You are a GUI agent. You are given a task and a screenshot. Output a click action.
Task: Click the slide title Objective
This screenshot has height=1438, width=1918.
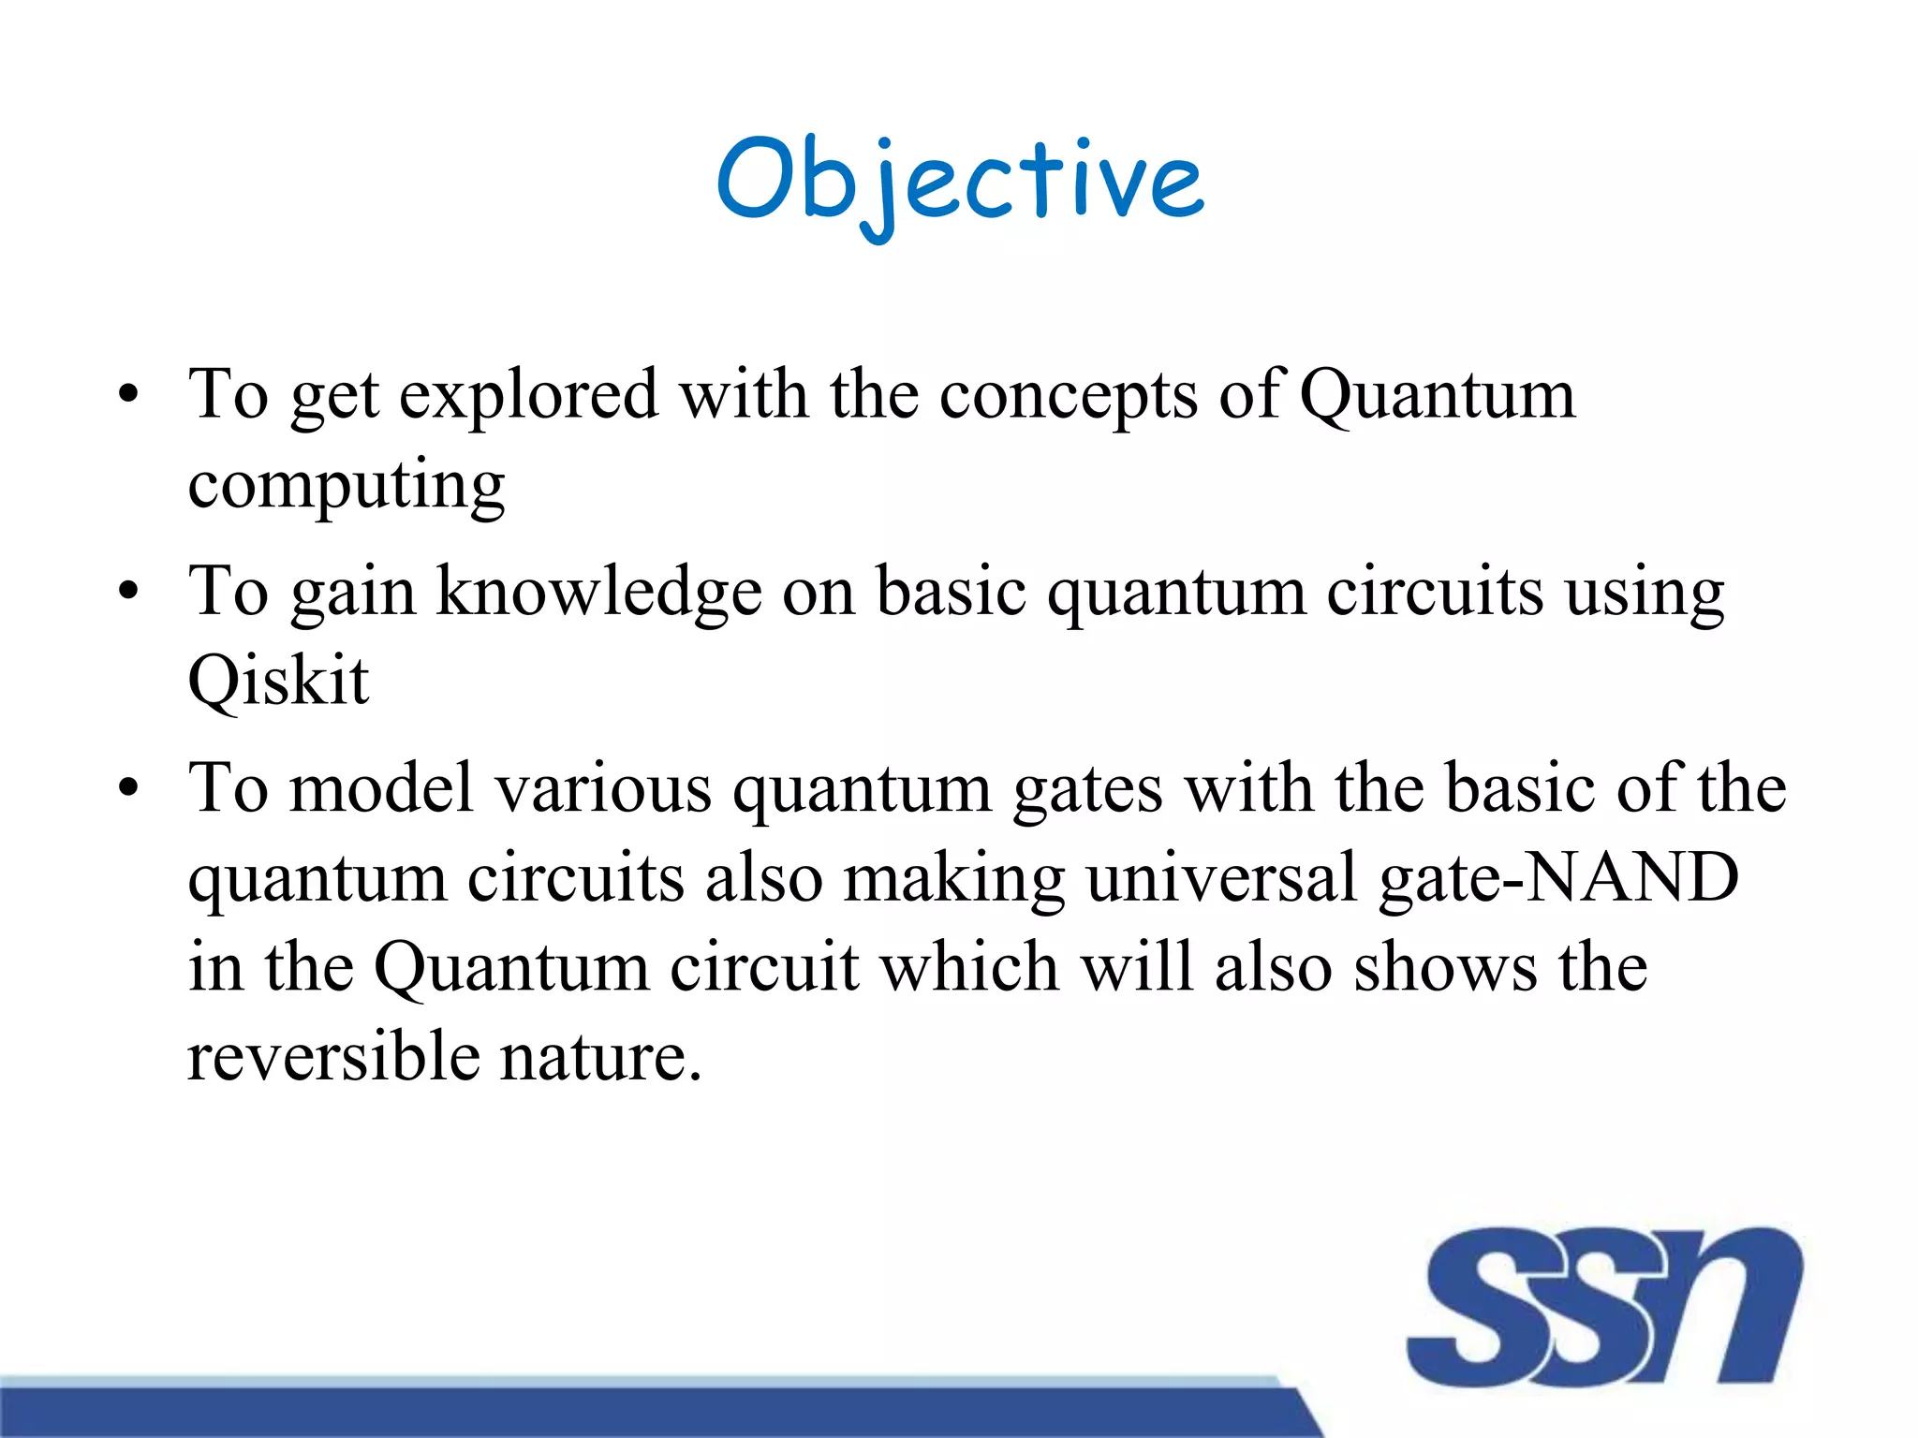click(x=960, y=180)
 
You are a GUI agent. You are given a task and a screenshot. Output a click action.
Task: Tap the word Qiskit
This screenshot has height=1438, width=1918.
click(x=278, y=681)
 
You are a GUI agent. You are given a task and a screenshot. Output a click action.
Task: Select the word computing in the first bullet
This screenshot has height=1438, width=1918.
click(x=346, y=487)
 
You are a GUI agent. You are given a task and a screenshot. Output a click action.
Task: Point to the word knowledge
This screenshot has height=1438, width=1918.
click(x=599, y=594)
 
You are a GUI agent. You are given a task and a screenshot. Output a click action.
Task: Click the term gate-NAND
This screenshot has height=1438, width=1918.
click(x=1558, y=878)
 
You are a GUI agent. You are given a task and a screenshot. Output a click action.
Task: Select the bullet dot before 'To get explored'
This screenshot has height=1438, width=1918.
click(x=128, y=395)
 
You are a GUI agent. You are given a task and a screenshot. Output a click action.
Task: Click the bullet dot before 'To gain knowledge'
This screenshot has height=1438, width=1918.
click(x=128, y=592)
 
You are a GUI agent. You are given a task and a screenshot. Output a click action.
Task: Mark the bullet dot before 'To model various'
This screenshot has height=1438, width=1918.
click(x=128, y=788)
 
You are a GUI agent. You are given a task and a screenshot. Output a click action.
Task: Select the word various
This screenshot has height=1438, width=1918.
click(x=603, y=788)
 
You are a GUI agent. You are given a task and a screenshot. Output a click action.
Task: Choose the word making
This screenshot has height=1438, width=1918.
click(x=953, y=878)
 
